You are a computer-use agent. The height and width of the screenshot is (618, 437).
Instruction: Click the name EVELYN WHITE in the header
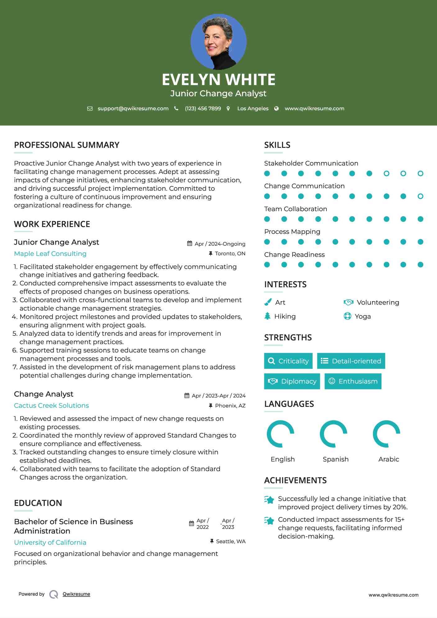click(x=218, y=80)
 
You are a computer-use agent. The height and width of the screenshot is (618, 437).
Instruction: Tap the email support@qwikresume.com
click(x=133, y=108)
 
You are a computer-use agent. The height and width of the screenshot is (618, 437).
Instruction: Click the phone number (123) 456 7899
click(x=203, y=108)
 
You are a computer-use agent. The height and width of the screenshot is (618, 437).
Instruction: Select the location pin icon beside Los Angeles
click(x=228, y=108)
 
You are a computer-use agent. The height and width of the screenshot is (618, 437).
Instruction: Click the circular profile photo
click(x=218, y=42)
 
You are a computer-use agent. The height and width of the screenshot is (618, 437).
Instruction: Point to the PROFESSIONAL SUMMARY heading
click(x=66, y=145)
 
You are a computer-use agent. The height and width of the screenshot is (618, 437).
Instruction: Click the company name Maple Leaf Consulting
click(x=50, y=254)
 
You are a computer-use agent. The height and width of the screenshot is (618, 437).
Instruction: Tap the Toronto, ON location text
click(x=230, y=253)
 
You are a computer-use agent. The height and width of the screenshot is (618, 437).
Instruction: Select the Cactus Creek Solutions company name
click(x=51, y=406)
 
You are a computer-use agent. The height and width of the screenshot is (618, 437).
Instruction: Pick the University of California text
click(x=50, y=543)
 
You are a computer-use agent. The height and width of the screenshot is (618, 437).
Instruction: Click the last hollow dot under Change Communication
click(x=420, y=196)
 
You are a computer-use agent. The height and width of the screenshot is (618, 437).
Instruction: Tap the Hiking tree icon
click(x=267, y=316)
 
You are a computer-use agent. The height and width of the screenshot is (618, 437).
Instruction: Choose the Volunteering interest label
click(x=378, y=302)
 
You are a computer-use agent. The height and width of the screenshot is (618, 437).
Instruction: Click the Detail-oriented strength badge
click(x=351, y=361)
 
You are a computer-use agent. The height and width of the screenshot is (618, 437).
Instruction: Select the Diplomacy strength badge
click(x=292, y=381)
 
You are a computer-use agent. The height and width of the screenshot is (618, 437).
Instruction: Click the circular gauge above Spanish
click(x=334, y=434)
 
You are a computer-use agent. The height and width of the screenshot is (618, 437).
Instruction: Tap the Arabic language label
click(x=389, y=459)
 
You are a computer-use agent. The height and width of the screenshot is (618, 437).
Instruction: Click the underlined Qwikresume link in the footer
click(x=76, y=594)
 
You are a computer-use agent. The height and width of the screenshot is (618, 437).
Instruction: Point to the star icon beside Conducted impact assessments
click(x=269, y=520)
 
